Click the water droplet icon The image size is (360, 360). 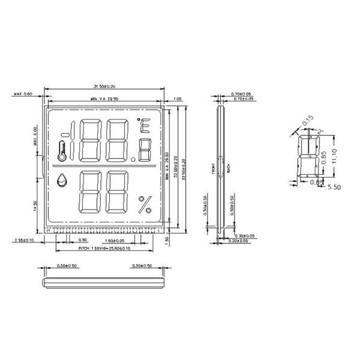pyautogui.click(x=62, y=180)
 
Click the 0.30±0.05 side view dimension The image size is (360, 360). pyautogui.click(x=245, y=236)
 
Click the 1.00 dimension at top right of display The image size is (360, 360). pyautogui.click(x=178, y=98)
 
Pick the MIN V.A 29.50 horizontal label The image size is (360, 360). pyautogui.click(x=104, y=98)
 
